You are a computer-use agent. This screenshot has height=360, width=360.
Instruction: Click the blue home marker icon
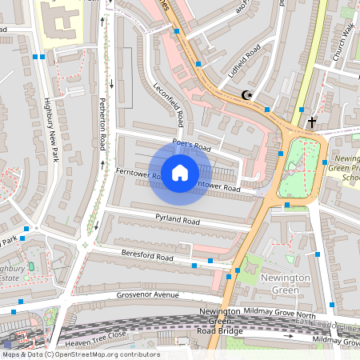tap(180, 172)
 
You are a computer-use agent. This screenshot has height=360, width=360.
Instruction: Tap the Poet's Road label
tap(191, 146)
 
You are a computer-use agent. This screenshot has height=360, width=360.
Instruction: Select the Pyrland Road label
tap(178, 219)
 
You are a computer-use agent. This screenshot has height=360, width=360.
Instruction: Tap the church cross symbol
tap(311, 122)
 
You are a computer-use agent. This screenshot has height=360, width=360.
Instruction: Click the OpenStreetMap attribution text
tap(80, 354)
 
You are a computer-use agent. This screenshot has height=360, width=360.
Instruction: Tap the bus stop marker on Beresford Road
tap(194, 265)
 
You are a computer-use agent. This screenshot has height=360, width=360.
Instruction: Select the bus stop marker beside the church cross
tap(301, 110)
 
